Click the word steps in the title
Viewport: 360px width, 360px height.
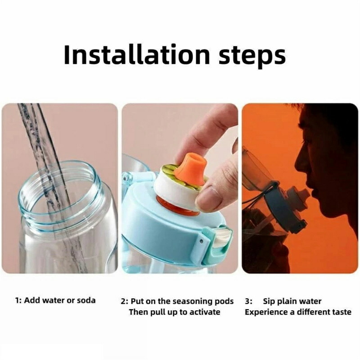tap(252, 57)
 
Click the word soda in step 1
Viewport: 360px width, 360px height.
tap(86, 300)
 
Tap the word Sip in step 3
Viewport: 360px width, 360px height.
tap(269, 301)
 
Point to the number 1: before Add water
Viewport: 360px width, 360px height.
tap(18, 300)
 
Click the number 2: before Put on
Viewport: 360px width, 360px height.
tap(125, 301)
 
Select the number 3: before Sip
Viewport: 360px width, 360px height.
tap(248, 301)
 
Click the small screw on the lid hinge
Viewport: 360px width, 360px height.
tap(201, 241)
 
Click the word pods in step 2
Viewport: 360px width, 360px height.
tap(225, 301)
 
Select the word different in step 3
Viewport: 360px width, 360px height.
tap(314, 312)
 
